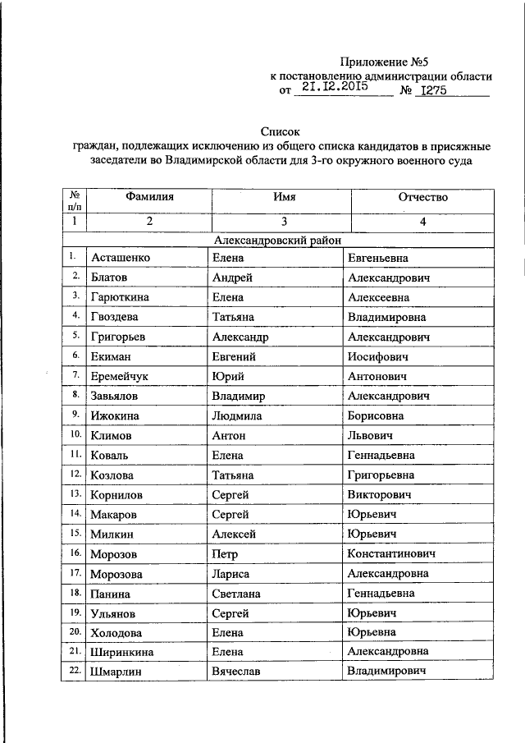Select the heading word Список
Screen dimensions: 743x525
click(281, 131)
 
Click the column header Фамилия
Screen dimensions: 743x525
click(149, 198)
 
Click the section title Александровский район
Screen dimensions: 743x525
click(282, 240)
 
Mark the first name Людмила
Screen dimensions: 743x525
click(238, 416)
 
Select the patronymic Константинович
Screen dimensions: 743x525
click(390, 554)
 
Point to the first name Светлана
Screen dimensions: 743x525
click(237, 594)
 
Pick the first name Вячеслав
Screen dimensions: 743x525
click(238, 672)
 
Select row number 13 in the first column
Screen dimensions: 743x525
click(75, 493)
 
